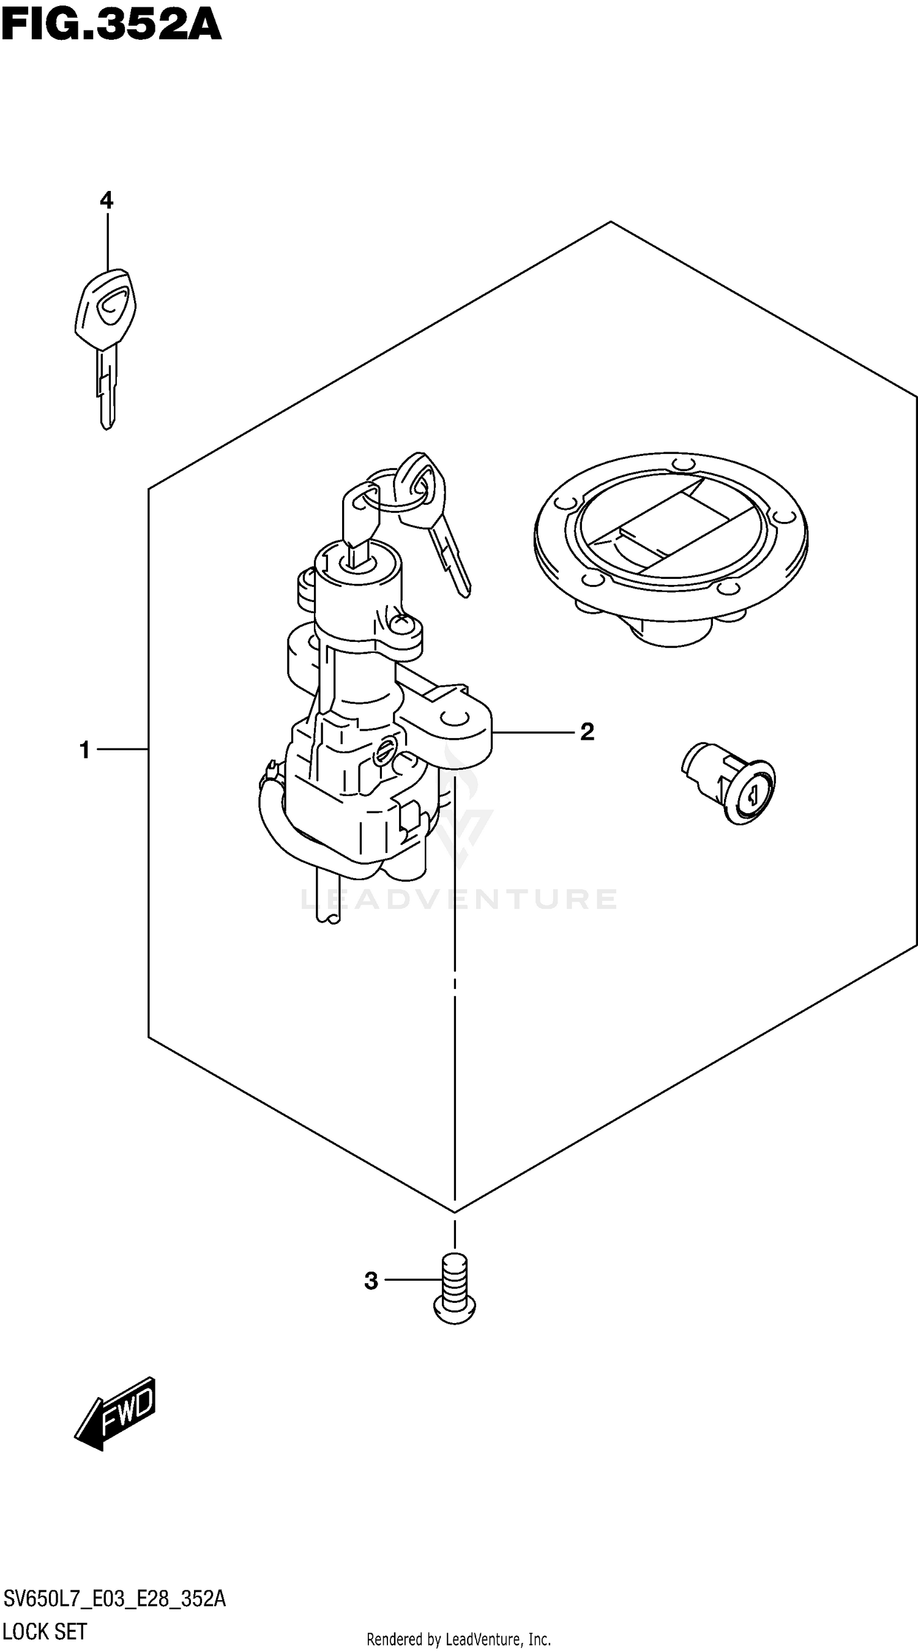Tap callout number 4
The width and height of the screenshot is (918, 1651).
coord(106,201)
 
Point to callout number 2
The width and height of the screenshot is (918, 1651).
coord(587,732)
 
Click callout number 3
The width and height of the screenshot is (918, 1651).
coord(371,1281)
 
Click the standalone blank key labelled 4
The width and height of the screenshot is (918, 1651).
coord(106,334)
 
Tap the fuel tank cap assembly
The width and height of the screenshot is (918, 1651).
coord(671,545)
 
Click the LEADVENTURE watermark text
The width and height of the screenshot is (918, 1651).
coord(458,899)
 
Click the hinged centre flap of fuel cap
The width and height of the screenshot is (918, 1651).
coord(670,526)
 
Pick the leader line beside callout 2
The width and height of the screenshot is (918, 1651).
coord(532,732)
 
